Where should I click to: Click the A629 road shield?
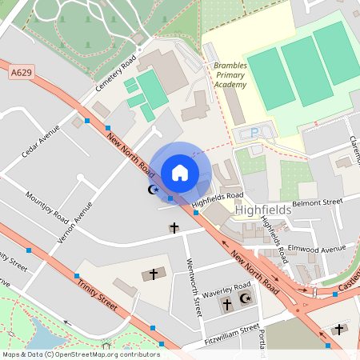point(22,73)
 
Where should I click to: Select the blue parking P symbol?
point(255,133)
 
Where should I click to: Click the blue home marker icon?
point(180,172)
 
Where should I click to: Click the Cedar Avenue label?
point(42,141)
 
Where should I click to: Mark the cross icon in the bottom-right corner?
point(338,329)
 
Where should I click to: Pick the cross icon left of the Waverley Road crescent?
point(226,305)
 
